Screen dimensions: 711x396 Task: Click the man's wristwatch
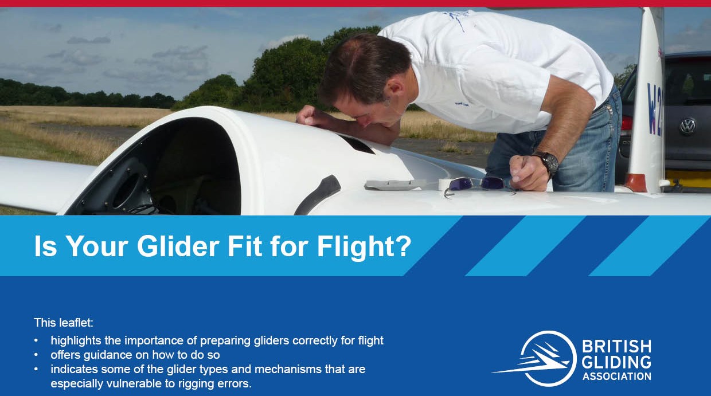coord(546,162)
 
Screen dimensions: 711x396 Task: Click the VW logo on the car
coord(687,126)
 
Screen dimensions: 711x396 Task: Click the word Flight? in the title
coord(364,248)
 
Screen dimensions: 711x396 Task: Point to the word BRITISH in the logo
coord(617,346)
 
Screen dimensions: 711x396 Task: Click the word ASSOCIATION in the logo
coord(617,377)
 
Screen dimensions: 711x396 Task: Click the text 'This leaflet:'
coord(64,323)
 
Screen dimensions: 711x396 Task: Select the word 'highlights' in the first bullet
coord(76,341)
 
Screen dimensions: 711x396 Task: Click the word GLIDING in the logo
coord(617,362)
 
